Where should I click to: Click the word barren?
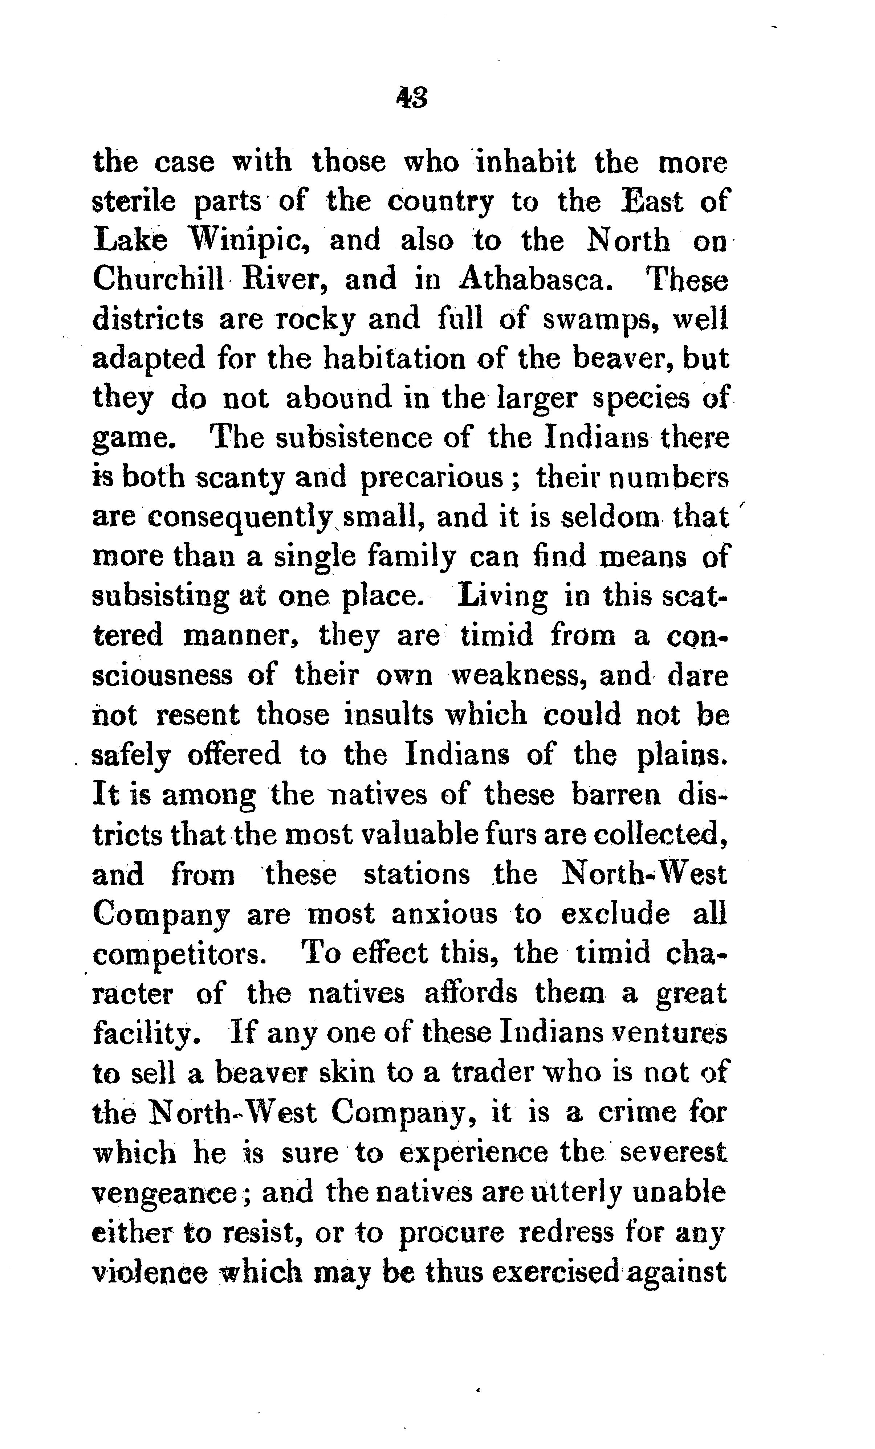(x=615, y=795)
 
